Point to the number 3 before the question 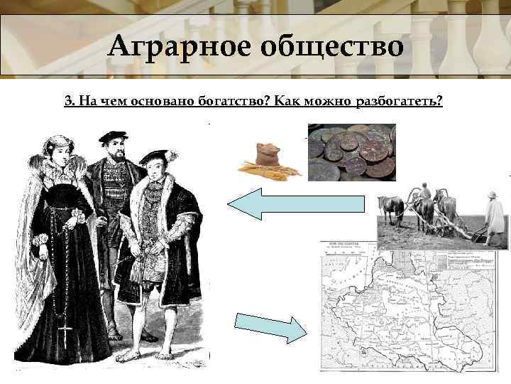67,101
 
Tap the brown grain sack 269,155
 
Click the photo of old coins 351,152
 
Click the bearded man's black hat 113,137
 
